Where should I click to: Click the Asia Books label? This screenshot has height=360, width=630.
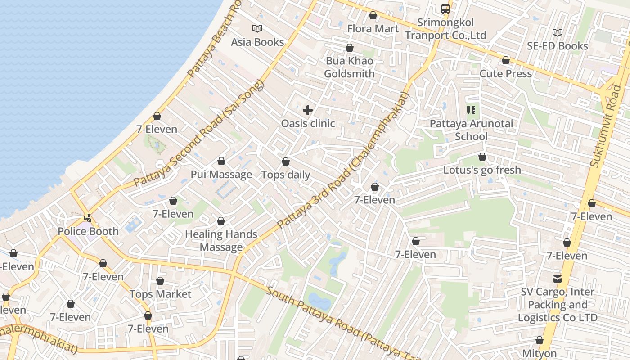[257, 42]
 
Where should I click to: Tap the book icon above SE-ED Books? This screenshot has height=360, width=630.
[557, 32]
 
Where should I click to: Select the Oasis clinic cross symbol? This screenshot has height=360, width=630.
[308, 110]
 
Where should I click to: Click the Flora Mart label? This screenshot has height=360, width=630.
[373, 29]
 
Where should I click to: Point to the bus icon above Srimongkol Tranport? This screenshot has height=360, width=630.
[445, 9]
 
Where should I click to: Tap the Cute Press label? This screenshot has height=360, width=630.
[506, 73]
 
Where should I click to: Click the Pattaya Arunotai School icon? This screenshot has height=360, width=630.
[471, 110]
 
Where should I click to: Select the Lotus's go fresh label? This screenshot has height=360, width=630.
[482, 170]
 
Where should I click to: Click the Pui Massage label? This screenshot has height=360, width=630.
[221, 175]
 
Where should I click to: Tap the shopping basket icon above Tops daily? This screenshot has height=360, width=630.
[286, 162]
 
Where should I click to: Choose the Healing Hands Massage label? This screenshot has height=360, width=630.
[221, 241]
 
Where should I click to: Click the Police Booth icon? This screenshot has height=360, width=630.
[88, 218]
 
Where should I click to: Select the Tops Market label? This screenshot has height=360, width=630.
[160, 294]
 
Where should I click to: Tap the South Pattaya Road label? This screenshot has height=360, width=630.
[337, 321]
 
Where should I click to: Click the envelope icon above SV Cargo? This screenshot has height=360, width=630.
[558, 279]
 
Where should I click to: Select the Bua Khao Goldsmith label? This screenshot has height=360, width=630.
[349, 67]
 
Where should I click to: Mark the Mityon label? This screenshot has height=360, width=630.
[540, 354]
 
